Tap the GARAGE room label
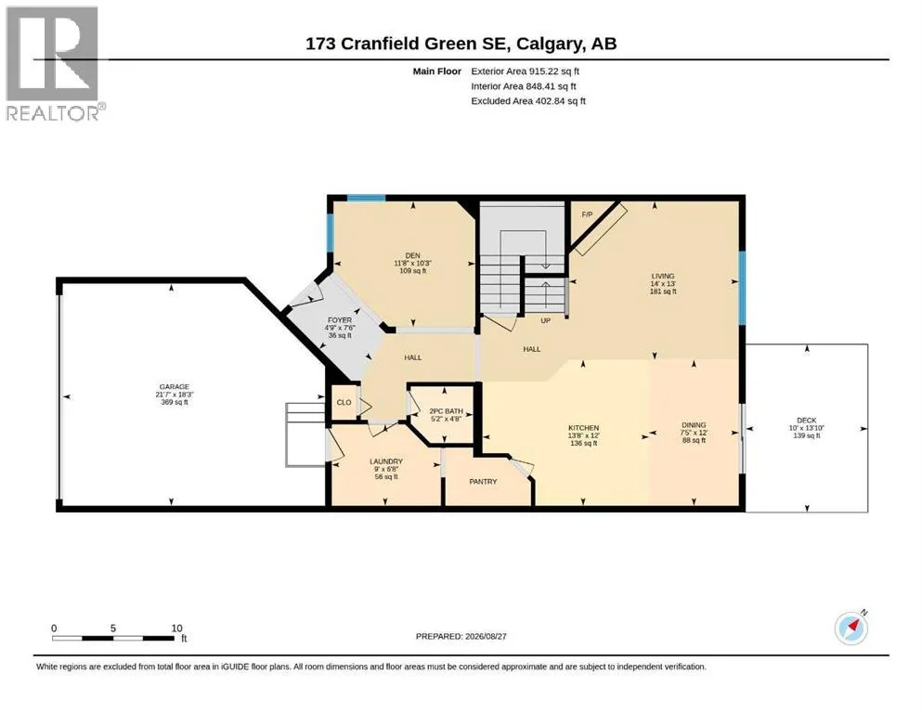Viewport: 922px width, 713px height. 175,387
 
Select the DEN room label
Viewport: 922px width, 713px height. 413,255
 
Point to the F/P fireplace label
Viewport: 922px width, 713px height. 587,214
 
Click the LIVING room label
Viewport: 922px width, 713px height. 663,276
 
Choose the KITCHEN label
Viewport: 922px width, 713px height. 583,428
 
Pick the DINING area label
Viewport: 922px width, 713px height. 694,425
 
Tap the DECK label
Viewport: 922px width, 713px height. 807,421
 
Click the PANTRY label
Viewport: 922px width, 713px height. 484,482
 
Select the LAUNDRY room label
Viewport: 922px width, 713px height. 386,461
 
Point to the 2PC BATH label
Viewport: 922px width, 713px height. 447,411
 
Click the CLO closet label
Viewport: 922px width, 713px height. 344,403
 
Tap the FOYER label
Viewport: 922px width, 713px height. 340,320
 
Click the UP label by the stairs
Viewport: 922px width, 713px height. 546,321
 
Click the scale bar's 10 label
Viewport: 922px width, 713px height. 177,629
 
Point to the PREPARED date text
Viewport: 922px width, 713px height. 461,636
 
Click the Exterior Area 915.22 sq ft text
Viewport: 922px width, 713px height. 526,71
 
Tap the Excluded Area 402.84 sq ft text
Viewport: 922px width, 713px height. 528,101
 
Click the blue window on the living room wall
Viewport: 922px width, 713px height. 742,288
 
